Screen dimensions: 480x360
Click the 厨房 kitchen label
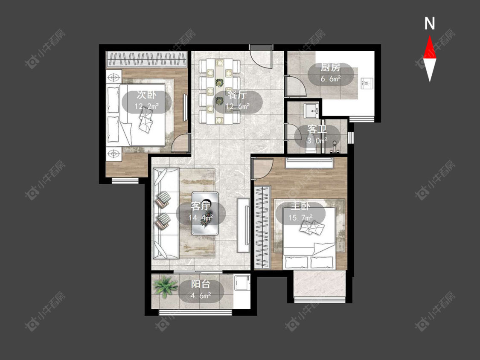tap(330, 68)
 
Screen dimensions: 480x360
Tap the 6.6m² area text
tap(331, 79)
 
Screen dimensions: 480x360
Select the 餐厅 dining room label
tap(237, 95)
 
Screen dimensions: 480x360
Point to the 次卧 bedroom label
tap(146, 95)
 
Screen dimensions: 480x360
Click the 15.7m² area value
tap(301, 218)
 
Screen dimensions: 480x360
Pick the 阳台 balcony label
tap(201, 285)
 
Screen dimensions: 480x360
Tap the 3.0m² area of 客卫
tap(317, 140)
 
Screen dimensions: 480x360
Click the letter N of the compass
tap(430, 23)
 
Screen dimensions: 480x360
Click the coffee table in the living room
tap(205, 213)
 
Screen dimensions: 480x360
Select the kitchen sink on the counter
tap(367, 83)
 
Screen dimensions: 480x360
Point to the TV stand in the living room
tap(243, 225)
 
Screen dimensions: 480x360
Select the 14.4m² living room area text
tap(201, 218)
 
